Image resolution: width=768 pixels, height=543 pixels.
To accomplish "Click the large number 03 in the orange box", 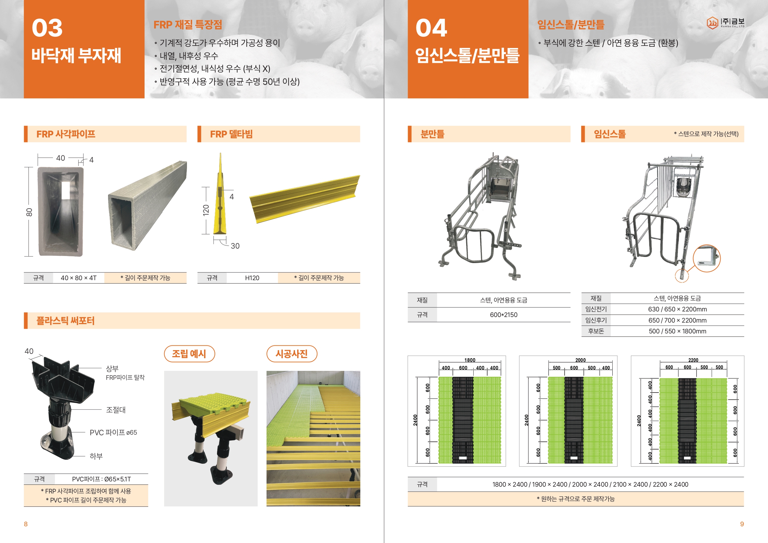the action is (47, 28).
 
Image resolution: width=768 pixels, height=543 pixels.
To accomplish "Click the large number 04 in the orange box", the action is (431, 28).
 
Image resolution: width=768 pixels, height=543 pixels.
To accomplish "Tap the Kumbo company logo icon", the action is (712, 23).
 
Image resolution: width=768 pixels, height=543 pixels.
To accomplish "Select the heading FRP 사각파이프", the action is (66, 134).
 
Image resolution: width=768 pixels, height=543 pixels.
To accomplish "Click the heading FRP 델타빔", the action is (231, 134).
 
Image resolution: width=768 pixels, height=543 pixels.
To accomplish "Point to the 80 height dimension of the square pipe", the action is (29, 212).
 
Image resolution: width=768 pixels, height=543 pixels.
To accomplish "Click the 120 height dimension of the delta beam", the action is (206, 210).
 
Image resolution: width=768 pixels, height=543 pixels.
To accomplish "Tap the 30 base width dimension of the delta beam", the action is (235, 246).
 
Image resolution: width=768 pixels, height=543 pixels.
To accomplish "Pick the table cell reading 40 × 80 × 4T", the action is (79, 278).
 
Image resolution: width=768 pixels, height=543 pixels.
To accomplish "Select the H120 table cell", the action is (252, 278).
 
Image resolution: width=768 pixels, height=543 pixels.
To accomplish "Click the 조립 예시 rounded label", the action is (189, 354).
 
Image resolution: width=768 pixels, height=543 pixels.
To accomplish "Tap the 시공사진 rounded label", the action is (292, 354).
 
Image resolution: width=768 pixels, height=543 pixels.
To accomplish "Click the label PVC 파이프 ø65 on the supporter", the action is (113, 432).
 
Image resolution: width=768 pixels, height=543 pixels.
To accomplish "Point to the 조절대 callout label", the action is (116, 410).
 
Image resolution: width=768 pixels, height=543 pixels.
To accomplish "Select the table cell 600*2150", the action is (503, 315).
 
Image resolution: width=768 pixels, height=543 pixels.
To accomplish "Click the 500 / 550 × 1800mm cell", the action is (677, 331).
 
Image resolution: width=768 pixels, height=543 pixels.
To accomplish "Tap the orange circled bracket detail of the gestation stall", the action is (706, 258).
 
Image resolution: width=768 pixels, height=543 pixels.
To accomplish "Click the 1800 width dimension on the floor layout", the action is (470, 360).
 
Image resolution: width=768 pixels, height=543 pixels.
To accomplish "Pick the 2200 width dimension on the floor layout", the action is (693, 360).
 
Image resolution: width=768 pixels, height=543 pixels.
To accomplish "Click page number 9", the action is (742, 524).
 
